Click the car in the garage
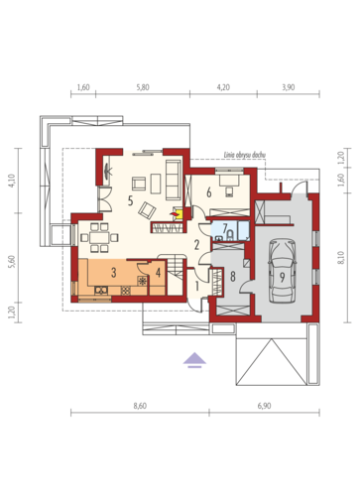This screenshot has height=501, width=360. pyautogui.click(x=282, y=271)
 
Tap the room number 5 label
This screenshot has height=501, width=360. pyautogui.click(x=130, y=200)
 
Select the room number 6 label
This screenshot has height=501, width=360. pyautogui.click(x=209, y=192)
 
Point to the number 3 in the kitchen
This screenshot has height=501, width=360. pyautogui.click(x=114, y=273)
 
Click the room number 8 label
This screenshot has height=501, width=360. pyautogui.click(x=233, y=277)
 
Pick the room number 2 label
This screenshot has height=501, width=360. pyautogui.click(x=196, y=245)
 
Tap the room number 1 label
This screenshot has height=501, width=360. pyautogui.click(x=196, y=287)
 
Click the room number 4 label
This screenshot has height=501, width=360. pyautogui.click(x=158, y=273)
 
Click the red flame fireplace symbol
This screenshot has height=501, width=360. pyautogui.click(x=176, y=214)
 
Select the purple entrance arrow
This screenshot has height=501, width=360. pyautogui.click(x=194, y=360)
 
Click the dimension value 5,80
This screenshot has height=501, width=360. pyautogui.click(x=143, y=87)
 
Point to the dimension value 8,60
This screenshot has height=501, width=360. pyautogui.click(x=140, y=406)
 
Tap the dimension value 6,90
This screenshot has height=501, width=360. pyautogui.click(x=264, y=406)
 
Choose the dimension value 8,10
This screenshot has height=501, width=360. pyautogui.click(x=341, y=258)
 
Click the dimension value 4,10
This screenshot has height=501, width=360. pyautogui.click(x=12, y=181)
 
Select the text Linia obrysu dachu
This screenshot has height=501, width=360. pyautogui.click(x=245, y=155)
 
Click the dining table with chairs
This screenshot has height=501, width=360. pyautogui.click(x=99, y=237)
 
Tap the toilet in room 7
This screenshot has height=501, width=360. pyautogui.click(x=229, y=235)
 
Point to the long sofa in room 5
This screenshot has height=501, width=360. pyautogui.click(x=173, y=181)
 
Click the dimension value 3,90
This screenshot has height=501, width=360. pyautogui.click(x=289, y=87)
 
